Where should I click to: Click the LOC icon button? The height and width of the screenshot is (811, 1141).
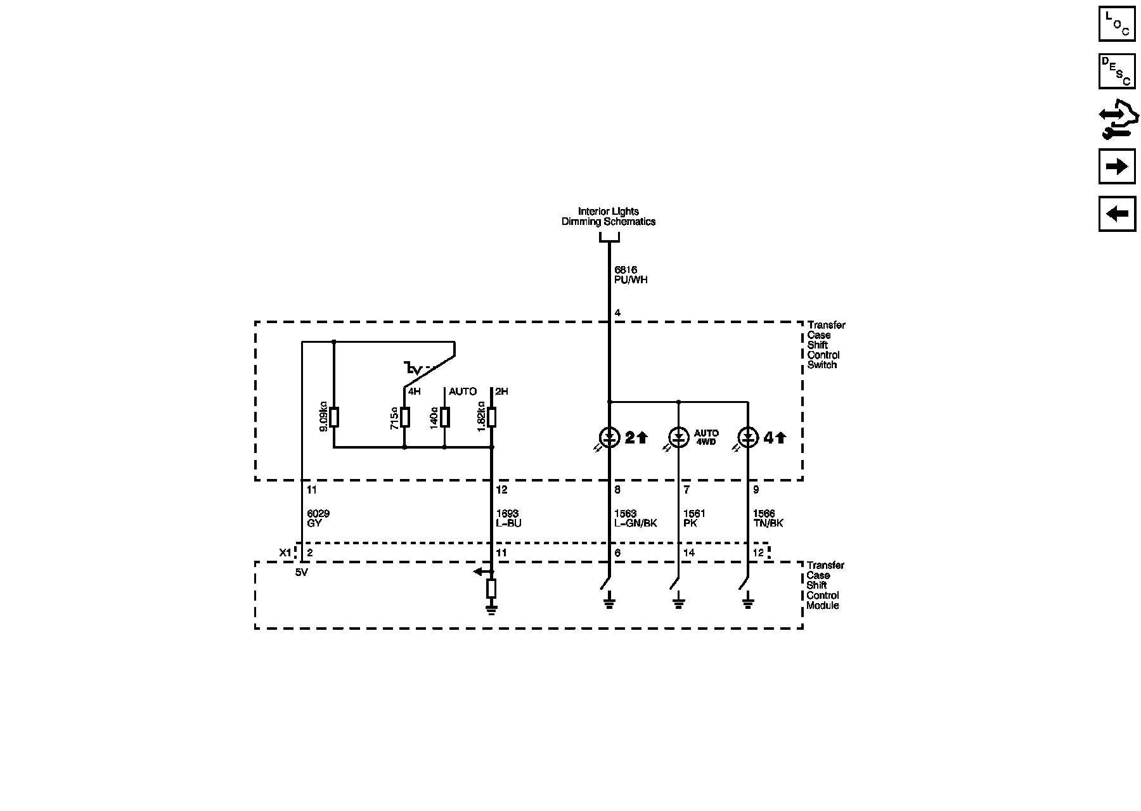[1116, 23]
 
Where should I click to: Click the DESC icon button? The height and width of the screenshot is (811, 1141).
[1116, 71]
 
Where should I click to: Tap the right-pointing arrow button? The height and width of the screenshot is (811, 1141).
[1116, 167]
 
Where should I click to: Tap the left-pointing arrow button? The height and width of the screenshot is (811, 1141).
[1116, 214]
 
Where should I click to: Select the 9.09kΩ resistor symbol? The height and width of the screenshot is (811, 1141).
[334, 418]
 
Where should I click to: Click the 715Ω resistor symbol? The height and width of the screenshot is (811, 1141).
[405, 418]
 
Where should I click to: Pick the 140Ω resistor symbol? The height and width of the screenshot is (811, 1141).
[445, 418]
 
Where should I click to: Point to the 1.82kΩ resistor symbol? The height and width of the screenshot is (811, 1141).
[492, 418]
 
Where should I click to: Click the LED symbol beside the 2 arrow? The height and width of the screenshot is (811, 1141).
[609, 437]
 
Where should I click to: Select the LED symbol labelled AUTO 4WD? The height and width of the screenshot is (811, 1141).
[678, 437]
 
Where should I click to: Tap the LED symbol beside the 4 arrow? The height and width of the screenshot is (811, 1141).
[748, 437]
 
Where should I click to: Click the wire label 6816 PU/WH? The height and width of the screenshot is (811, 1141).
[631, 275]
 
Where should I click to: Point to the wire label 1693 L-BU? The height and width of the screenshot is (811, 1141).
[508, 518]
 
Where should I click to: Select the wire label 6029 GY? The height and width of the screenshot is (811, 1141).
[318, 518]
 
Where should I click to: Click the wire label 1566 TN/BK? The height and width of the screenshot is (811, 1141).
[768, 518]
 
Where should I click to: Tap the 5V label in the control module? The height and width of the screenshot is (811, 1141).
[302, 573]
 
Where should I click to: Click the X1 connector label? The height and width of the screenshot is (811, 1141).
[286, 552]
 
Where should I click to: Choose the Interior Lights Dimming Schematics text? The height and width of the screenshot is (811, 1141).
[609, 217]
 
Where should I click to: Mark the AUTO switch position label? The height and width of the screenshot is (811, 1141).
[463, 392]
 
